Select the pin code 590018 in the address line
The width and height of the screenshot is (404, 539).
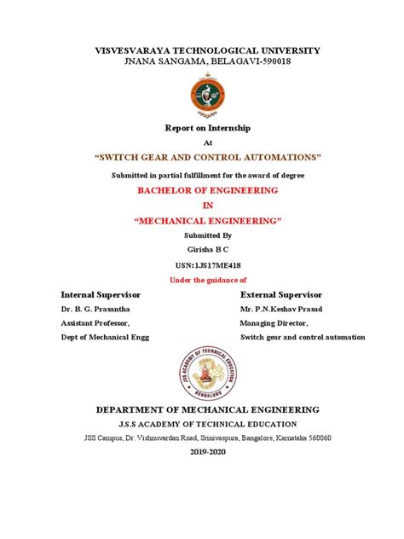point(272,62)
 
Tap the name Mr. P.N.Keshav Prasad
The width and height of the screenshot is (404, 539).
point(293,309)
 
